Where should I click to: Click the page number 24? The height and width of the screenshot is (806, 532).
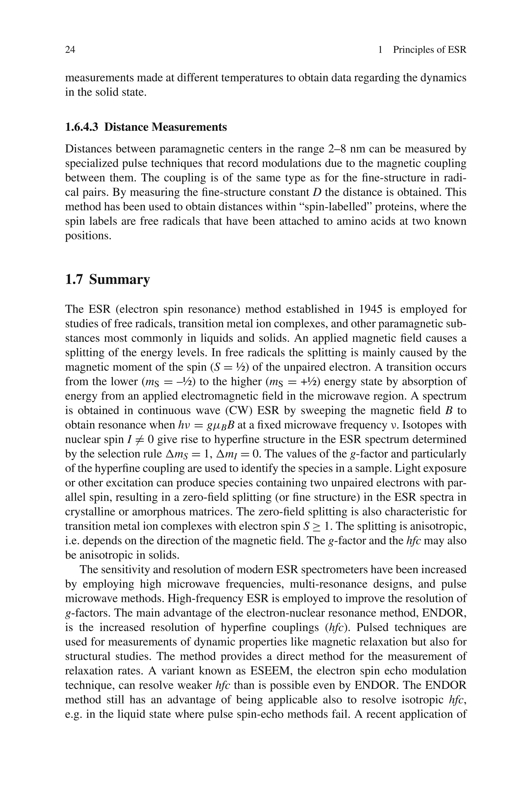tap(70, 50)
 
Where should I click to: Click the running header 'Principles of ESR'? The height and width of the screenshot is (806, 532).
tap(430, 50)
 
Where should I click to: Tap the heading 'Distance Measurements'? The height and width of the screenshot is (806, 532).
tap(165, 127)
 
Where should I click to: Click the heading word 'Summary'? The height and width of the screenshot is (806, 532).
tap(119, 280)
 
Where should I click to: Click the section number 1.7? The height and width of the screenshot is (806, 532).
tap(74, 280)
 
